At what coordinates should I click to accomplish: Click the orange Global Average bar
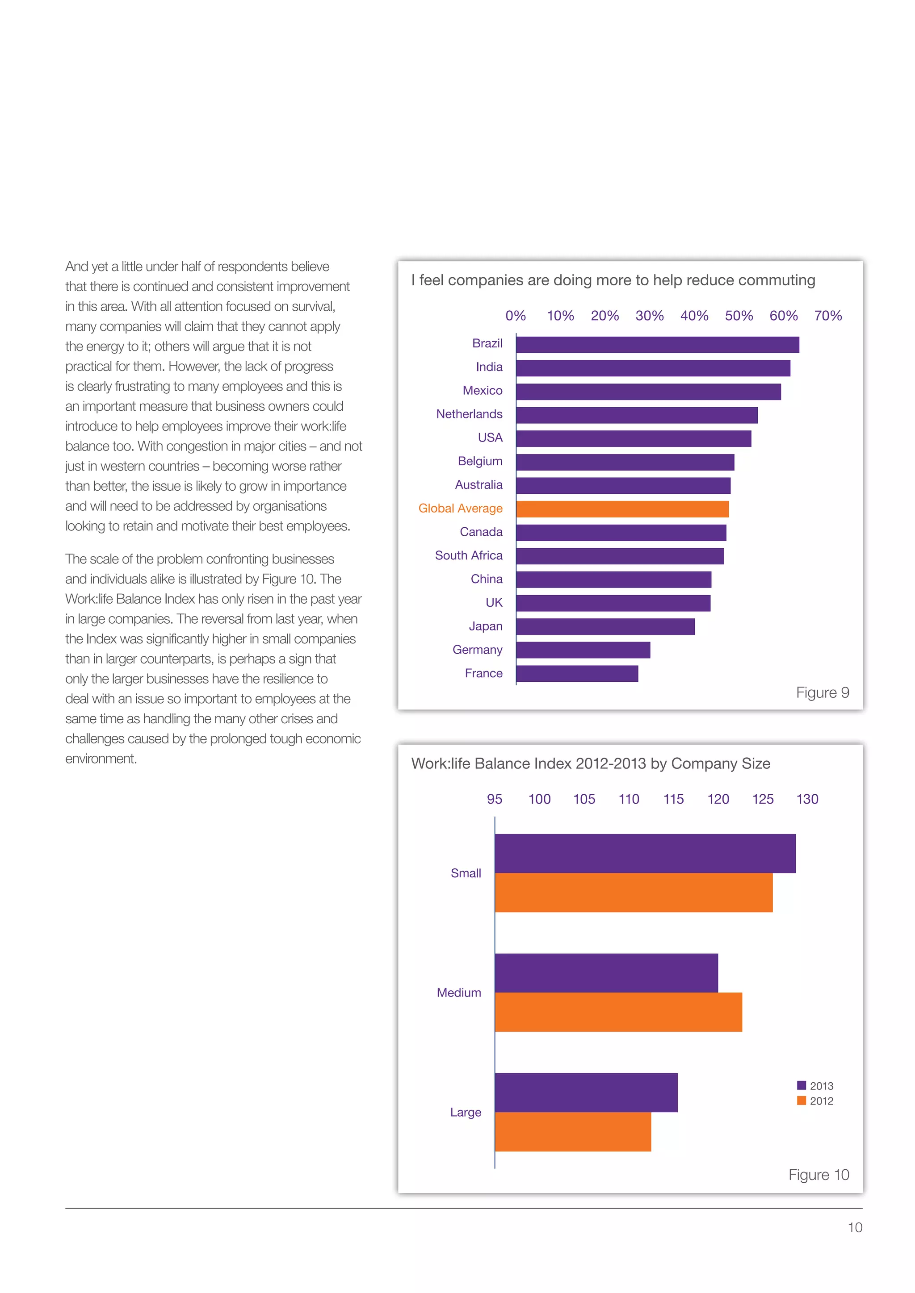[x=622, y=509]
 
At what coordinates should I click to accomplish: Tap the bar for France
[x=577, y=674]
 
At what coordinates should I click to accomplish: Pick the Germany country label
[x=477, y=650]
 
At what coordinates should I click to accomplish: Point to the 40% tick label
[x=694, y=316]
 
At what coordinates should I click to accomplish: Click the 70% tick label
[x=828, y=316]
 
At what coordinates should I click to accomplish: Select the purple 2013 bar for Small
[x=645, y=854]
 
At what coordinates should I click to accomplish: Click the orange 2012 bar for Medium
[x=618, y=1012]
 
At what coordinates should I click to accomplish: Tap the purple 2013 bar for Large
[x=586, y=1093]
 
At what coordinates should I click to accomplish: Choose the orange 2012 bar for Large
[x=572, y=1132]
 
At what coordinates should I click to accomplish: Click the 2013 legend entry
[x=815, y=1086]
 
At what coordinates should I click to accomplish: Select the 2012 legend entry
[x=815, y=1101]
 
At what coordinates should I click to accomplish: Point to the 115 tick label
[x=673, y=799]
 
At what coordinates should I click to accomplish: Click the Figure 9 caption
[x=822, y=692]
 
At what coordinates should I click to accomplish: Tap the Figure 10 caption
[x=818, y=1175]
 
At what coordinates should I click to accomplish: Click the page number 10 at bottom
[x=855, y=1228]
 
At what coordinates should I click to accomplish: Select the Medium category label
[x=459, y=993]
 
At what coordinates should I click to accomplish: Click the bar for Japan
[x=605, y=627]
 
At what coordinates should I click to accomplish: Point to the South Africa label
[x=468, y=556]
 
